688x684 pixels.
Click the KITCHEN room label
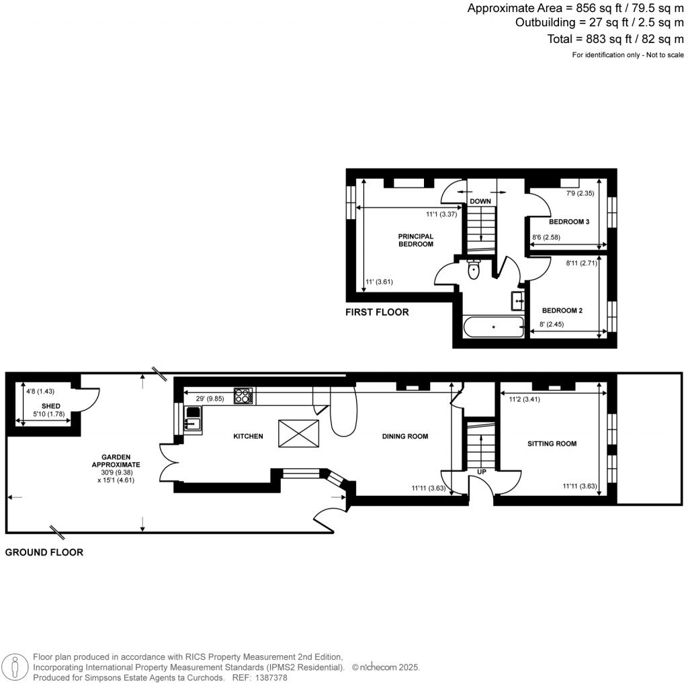(248, 437)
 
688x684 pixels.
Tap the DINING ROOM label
(404, 437)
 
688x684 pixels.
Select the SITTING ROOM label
(552, 443)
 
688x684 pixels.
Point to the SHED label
(51, 407)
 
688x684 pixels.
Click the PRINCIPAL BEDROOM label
(416, 240)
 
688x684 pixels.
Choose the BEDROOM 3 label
(569, 222)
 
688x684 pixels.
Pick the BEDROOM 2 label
(562, 310)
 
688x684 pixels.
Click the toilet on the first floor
(474, 269)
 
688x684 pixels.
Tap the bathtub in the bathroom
(494, 328)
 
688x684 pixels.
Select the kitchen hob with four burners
(243, 396)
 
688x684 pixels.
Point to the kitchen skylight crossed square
(298, 433)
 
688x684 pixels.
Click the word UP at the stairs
(482, 472)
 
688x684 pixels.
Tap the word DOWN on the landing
(480, 202)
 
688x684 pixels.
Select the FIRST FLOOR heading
(377, 312)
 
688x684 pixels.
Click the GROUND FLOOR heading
(44, 552)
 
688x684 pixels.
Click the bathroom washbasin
(518, 300)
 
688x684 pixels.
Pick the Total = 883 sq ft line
(615, 39)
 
